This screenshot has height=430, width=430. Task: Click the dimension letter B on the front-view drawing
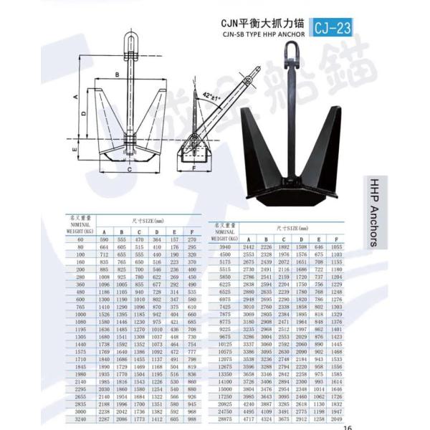117,75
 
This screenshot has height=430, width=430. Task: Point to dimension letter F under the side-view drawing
194,169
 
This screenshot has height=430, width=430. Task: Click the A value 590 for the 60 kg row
104,239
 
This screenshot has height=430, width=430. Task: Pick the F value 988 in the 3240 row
191,419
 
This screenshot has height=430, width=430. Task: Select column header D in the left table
157,231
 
